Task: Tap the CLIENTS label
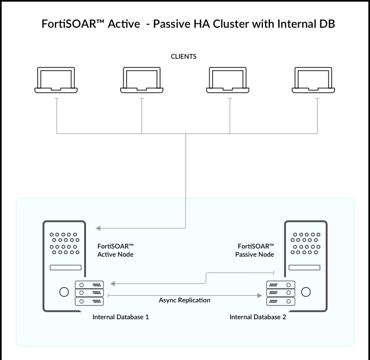pos(184,57)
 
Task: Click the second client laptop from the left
pos(141,80)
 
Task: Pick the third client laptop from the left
pos(229,80)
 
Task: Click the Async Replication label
pos(184,300)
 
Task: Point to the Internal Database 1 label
pos(121,317)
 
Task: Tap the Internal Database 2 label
pos(257,317)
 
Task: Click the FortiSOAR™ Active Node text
pos(115,250)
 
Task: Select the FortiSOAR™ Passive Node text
pos(255,250)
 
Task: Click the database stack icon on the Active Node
pos(89,293)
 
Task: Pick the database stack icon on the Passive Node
pos(280,293)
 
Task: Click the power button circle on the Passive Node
pos(306,291)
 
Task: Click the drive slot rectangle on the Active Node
pos(65,268)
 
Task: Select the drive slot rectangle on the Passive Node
pos(305,268)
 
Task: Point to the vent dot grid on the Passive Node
pos(305,244)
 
